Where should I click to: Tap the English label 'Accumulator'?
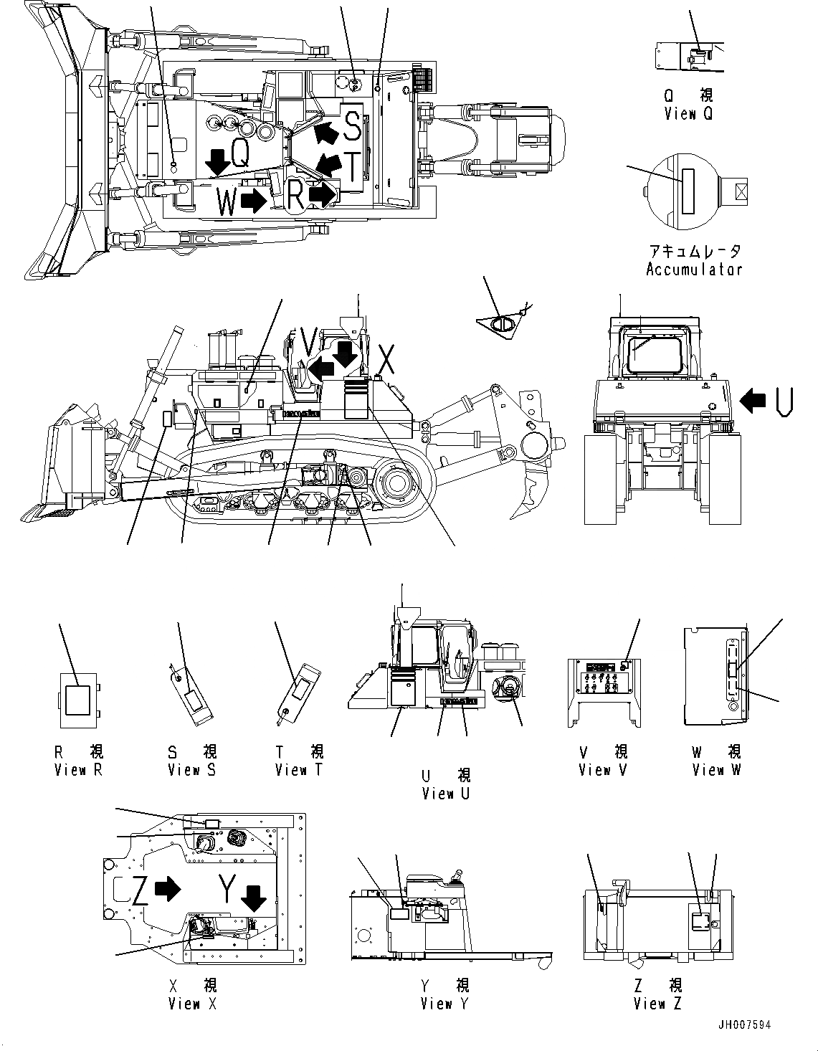693,270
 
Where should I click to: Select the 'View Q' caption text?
688,113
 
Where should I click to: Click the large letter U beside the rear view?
784,401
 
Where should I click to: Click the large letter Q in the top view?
240,154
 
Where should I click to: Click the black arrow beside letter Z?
168,890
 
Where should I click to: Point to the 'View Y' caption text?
444,1004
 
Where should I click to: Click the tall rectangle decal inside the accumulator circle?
689,191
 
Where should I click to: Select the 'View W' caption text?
717,770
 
